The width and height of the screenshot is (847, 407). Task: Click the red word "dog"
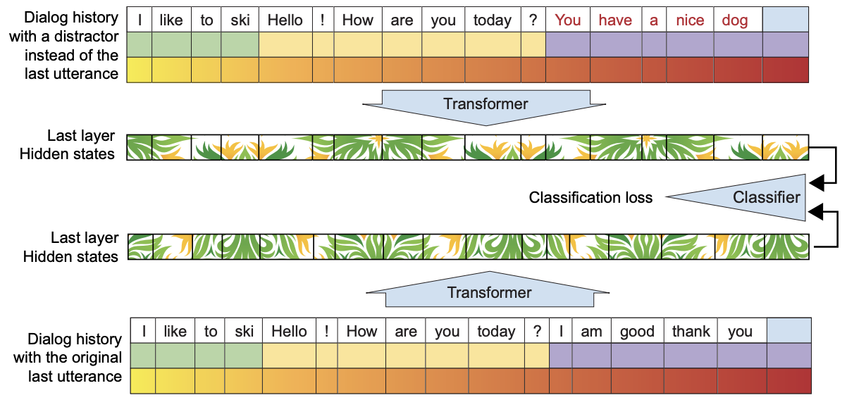(x=735, y=20)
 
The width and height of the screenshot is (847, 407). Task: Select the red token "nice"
(x=690, y=20)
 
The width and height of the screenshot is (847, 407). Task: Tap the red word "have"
(x=616, y=20)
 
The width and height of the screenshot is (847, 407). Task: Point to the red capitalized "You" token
(x=568, y=20)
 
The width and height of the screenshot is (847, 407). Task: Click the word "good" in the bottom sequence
(x=637, y=332)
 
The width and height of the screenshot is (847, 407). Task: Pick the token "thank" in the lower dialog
(x=691, y=332)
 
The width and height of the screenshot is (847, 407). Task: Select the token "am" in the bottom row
(x=591, y=332)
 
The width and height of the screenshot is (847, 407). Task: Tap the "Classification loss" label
(x=591, y=198)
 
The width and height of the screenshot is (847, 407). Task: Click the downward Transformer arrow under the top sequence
(x=486, y=105)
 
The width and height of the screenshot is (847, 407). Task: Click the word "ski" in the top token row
(x=240, y=20)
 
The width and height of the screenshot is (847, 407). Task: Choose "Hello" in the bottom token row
(x=289, y=332)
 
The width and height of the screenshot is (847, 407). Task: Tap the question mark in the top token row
(x=533, y=20)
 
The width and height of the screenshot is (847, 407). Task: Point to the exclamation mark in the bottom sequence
(x=326, y=332)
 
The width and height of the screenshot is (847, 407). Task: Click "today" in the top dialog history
(x=492, y=20)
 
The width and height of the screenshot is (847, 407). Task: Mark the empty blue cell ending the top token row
(x=785, y=20)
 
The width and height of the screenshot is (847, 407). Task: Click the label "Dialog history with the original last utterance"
(x=67, y=357)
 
